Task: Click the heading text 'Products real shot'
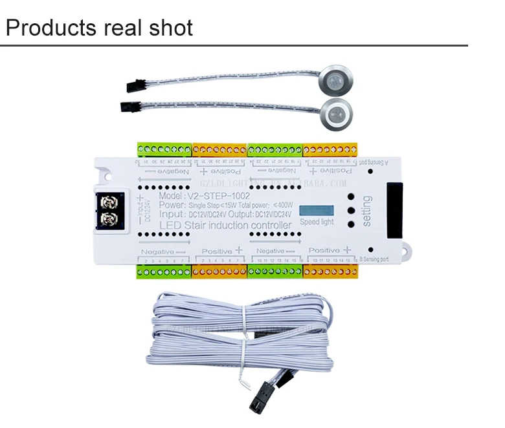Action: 99,28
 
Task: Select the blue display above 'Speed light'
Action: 319,211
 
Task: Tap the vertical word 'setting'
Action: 367,211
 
